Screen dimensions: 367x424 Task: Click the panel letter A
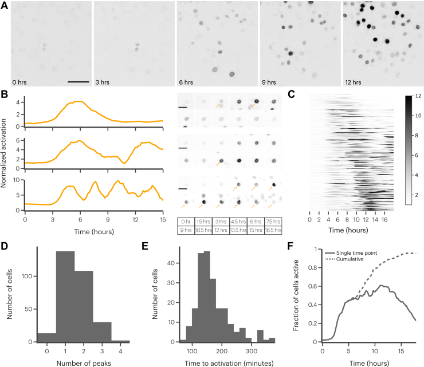coord(5,5)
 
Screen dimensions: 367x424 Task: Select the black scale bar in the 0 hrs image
coord(78,81)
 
